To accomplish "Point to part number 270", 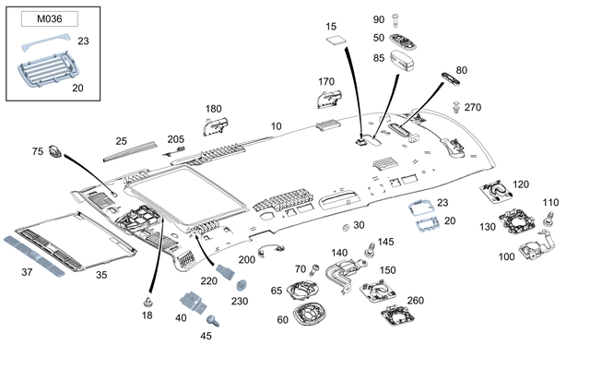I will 473,107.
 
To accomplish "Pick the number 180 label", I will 214,108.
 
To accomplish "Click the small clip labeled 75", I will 54,151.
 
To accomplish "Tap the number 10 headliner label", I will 276,125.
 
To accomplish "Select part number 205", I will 175,139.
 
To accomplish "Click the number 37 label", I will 27,272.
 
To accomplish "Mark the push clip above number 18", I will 147,301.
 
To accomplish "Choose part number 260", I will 415,300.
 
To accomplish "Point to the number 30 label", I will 359,225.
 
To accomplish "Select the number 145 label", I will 385,242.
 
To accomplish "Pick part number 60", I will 283,320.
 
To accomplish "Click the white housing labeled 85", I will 404,61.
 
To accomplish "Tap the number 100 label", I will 506,256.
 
